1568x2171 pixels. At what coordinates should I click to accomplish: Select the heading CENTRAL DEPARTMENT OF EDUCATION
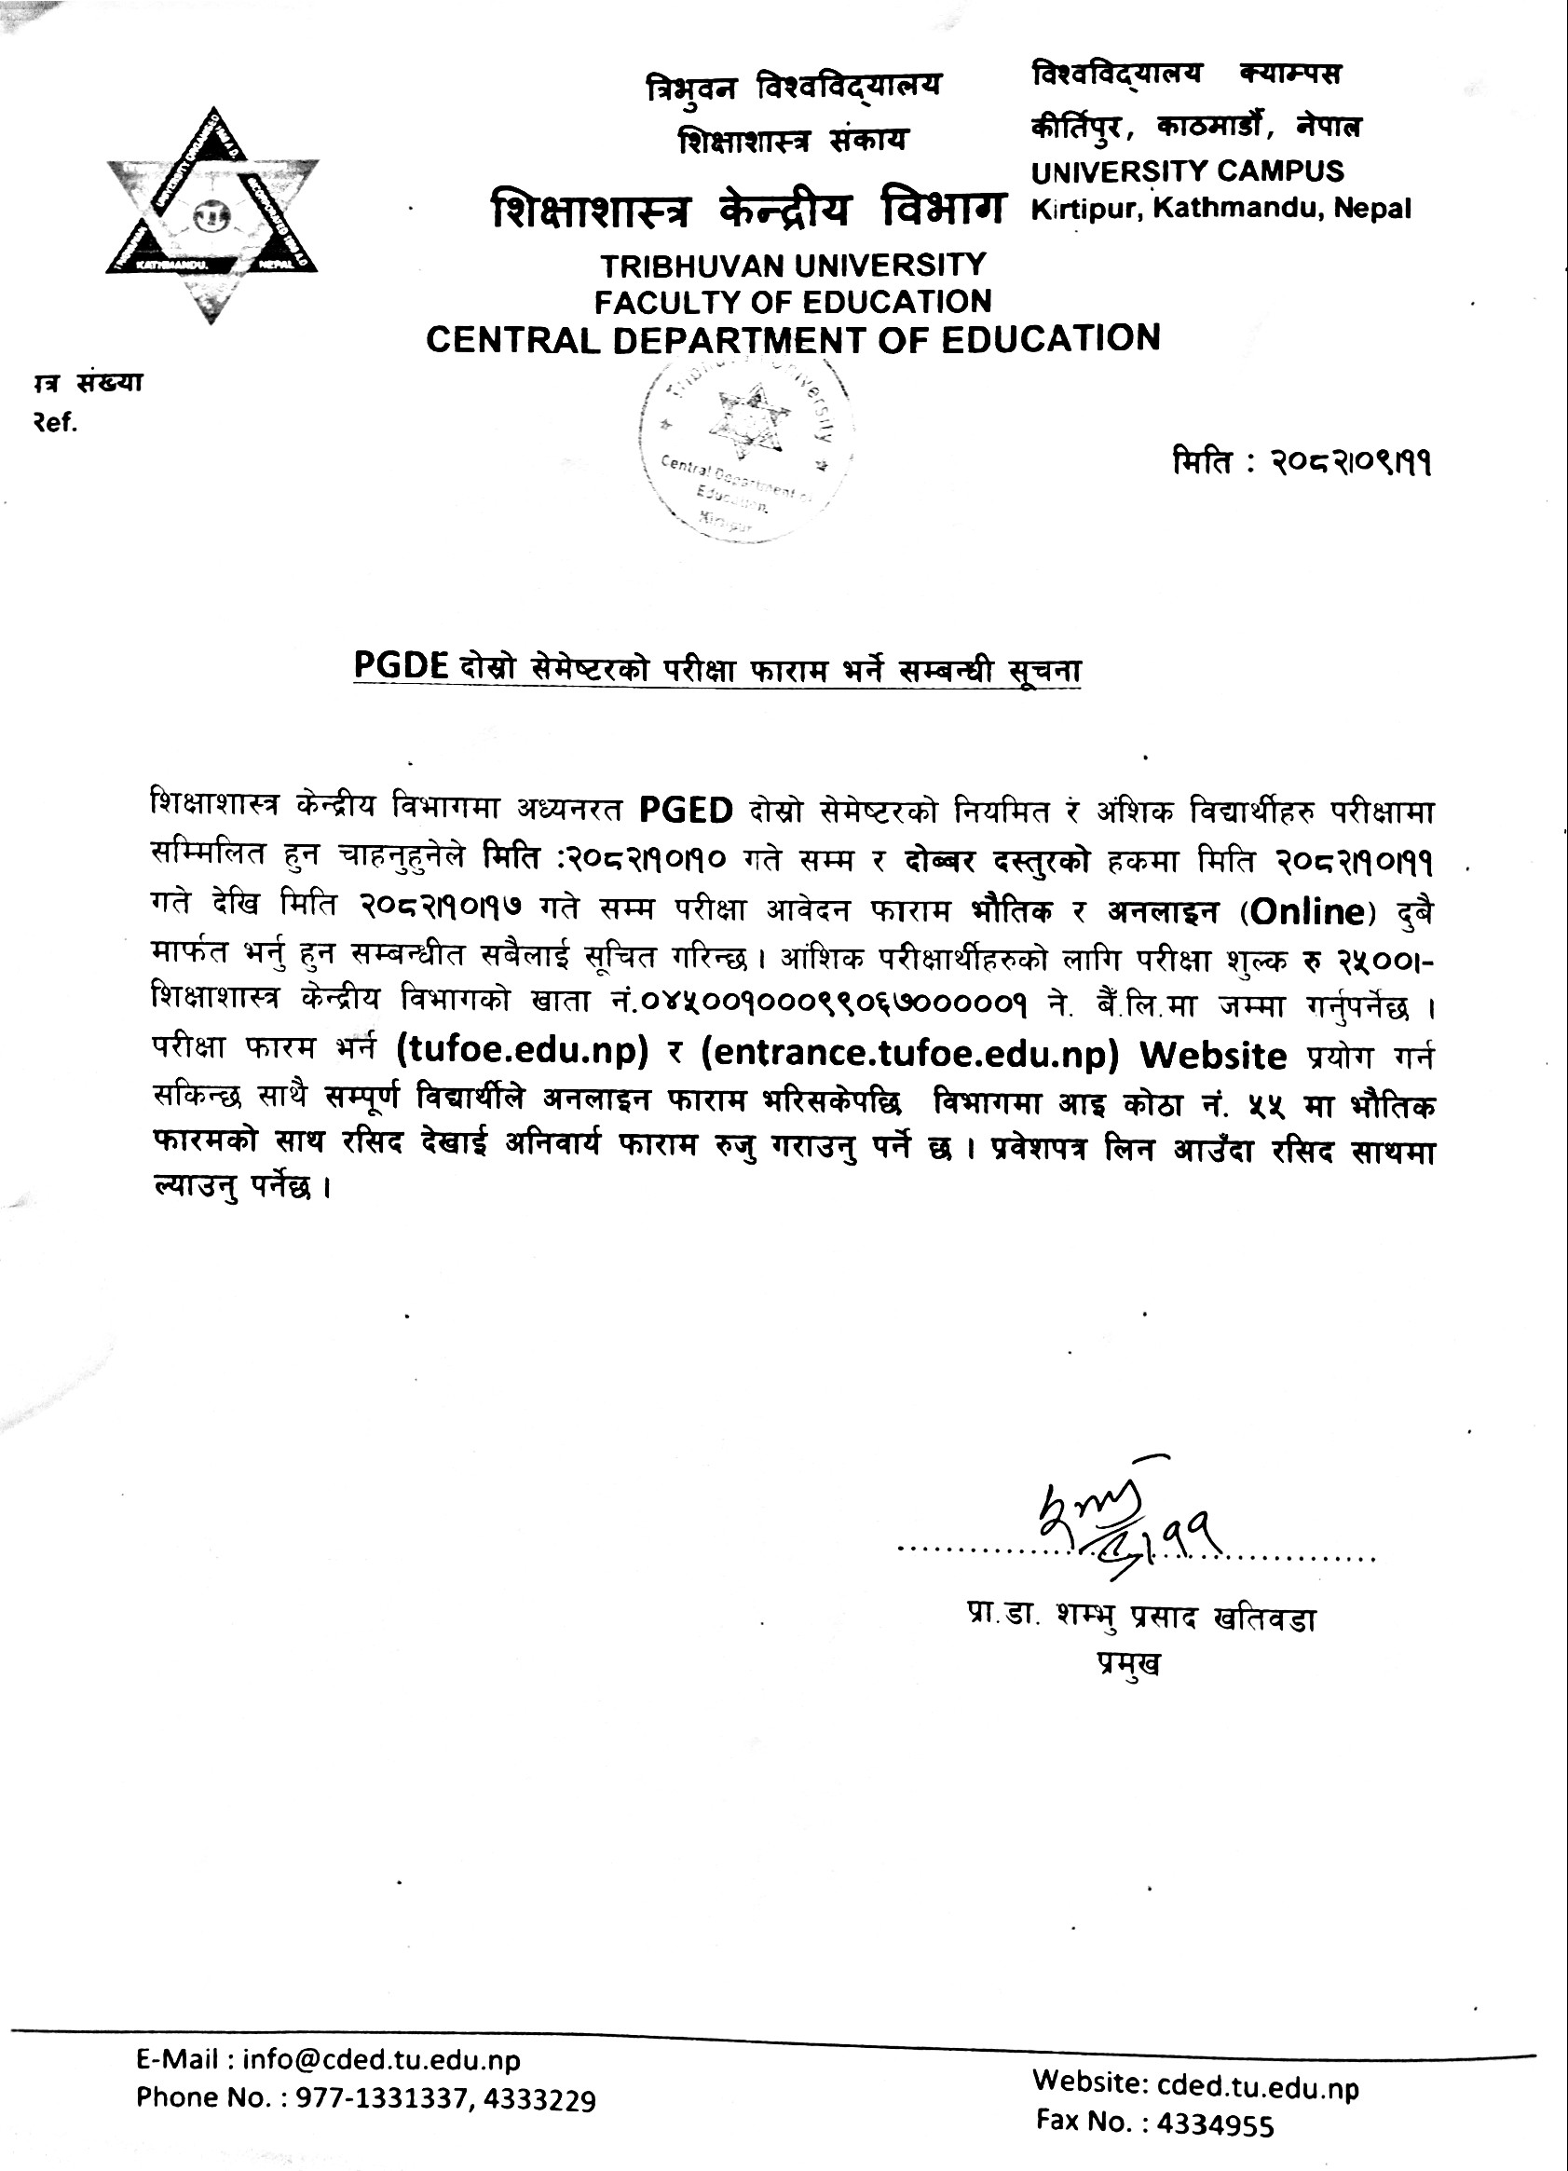[793, 339]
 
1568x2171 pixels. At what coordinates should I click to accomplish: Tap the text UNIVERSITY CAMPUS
[1187, 172]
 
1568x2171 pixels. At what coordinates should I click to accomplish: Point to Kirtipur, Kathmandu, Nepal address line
[1220, 210]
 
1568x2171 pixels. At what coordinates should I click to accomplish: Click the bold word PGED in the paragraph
[686, 811]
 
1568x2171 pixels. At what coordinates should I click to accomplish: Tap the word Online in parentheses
[1308, 911]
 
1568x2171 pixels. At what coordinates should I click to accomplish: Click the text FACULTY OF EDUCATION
[793, 302]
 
